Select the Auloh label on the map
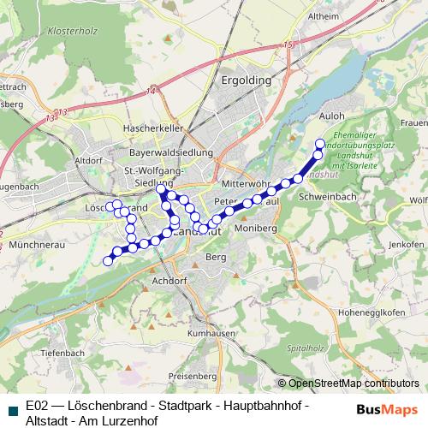tap(331, 113)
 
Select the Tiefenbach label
tap(60, 353)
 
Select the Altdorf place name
tap(89, 159)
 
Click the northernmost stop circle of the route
tap(321, 143)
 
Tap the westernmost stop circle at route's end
tap(108, 260)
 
